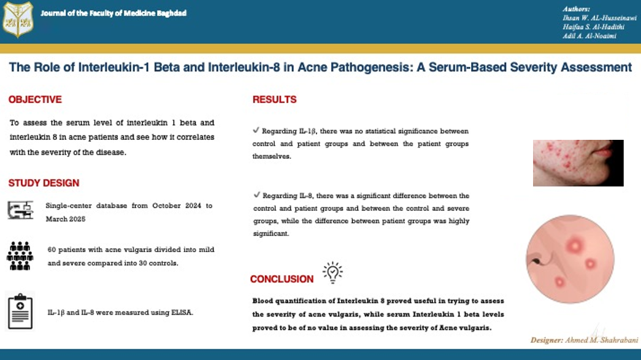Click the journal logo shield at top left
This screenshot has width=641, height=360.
(x=17, y=20)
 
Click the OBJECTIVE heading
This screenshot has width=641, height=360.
(x=35, y=99)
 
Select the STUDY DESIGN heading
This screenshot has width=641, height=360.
(x=44, y=183)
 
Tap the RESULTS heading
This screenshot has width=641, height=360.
(x=274, y=99)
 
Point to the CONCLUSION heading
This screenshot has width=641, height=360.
(x=282, y=279)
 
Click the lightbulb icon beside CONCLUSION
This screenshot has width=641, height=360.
(x=332, y=272)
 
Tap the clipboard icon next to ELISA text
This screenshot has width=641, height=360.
(x=20, y=312)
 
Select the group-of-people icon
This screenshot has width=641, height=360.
(x=20, y=255)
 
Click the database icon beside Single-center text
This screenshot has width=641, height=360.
(x=20, y=210)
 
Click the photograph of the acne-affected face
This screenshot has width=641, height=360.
(x=578, y=163)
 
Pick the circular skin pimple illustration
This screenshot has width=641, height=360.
(x=570, y=259)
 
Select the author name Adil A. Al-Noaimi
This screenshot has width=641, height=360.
(x=589, y=36)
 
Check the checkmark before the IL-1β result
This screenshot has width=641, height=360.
(x=256, y=131)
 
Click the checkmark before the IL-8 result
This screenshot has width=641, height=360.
(x=256, y=195)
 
